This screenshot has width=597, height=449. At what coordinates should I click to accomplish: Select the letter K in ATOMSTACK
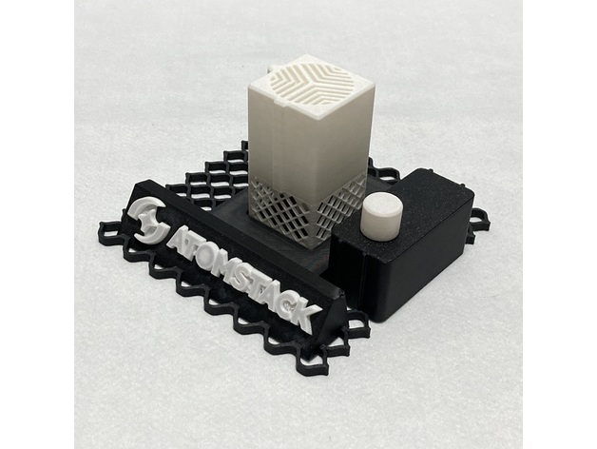pos(303,313)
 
